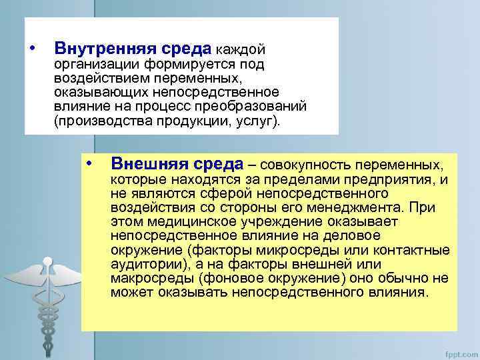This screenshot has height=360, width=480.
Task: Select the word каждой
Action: pyautogui.click(x=241, y=50)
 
